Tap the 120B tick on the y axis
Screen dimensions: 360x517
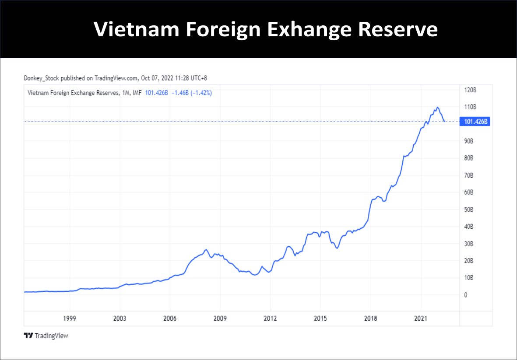click(x=470, y=90)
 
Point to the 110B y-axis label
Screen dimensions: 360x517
click(x=470, y=107)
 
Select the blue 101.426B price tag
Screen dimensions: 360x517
click(x=475, y=122)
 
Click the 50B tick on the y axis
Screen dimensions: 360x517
click(x=469, y=210)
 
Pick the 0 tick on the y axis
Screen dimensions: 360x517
click(x=466, y=295)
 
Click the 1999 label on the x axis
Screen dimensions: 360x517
click(x=70, y=318)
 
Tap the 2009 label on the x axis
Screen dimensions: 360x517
click(x=220, y=318)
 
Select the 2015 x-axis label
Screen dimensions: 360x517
click(x=320, y=318)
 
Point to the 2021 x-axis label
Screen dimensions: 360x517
click(x=421, y=318)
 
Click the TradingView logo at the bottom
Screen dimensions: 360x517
click(x=46, y=336)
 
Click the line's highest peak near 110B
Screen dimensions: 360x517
click(x=437, y=107)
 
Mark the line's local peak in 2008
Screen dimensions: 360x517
click(x=206, y=250)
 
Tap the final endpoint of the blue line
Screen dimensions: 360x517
click(x=445, y=121)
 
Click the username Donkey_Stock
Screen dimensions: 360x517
click(x=42, y=78)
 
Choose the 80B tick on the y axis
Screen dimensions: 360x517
click(x=469, y=158)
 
